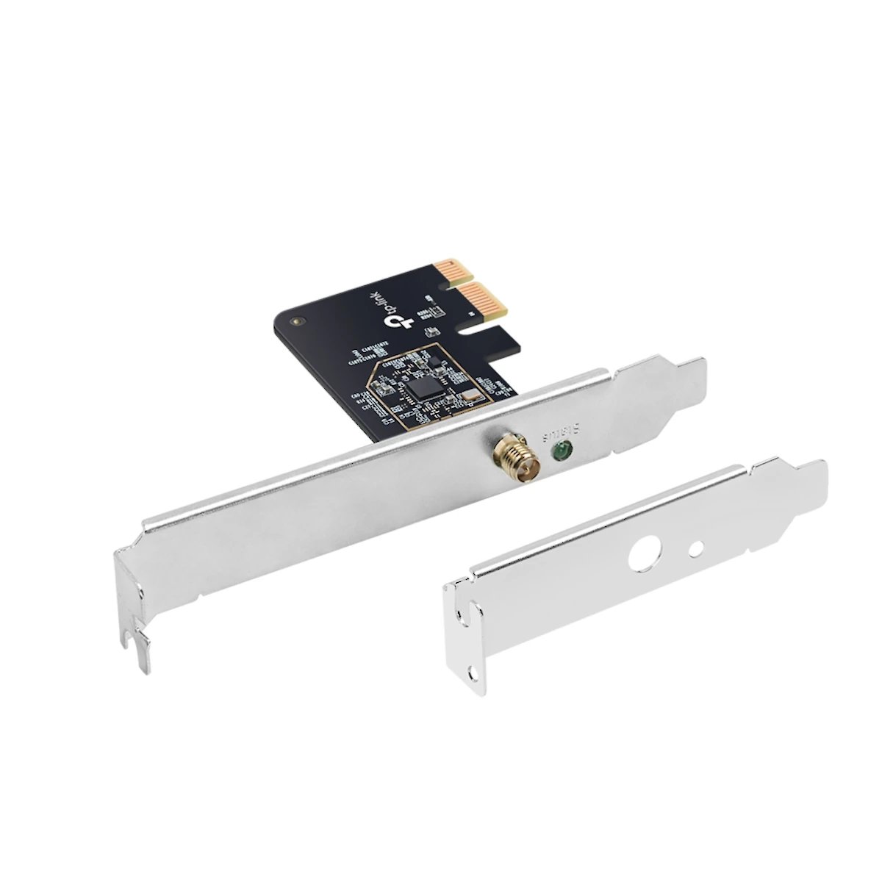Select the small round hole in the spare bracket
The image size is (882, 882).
697,548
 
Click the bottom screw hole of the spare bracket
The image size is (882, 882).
475,673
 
